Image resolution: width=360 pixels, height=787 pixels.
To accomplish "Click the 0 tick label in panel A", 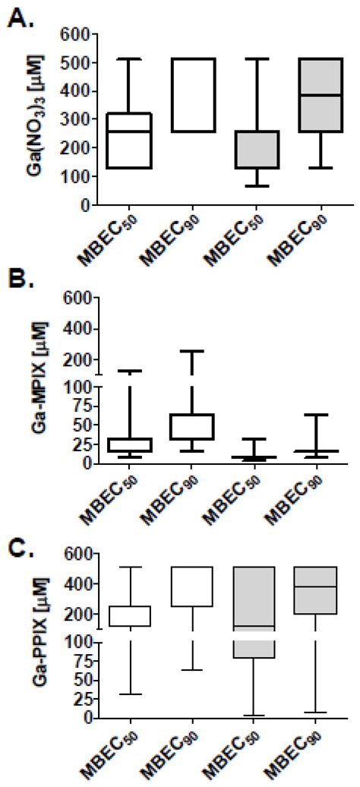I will pyautogui.click(x=88, y=205).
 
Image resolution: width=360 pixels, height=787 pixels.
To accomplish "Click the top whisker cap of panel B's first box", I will pyautogui.click(x=131, y=371).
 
